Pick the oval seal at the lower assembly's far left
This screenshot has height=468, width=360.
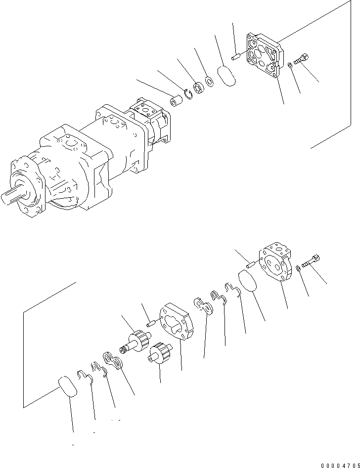click(68, 386)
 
